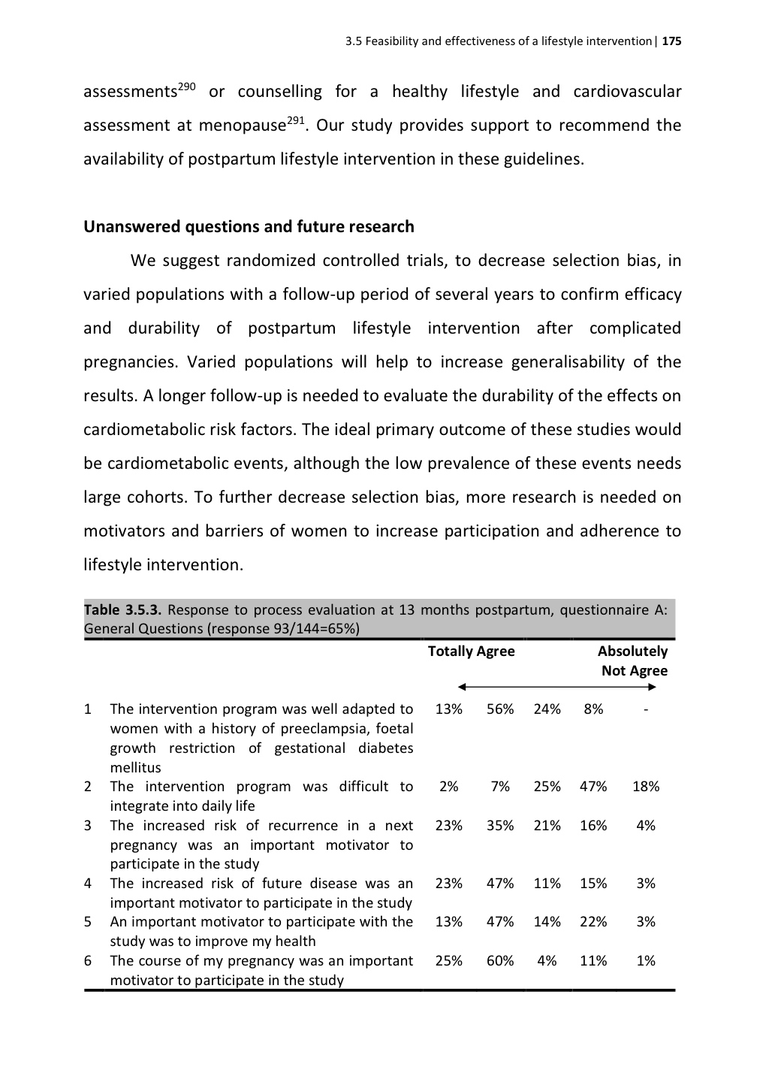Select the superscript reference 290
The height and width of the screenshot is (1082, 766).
point(186,86)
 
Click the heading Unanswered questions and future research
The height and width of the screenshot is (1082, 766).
point(249,227)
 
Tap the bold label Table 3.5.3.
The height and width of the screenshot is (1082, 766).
point(123,610)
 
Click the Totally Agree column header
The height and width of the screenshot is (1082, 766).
point(471,651)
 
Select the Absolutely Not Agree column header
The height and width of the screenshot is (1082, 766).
point(633,661)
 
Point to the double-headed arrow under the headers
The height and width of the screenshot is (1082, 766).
point(556,687)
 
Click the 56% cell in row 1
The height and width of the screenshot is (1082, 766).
point(500,709)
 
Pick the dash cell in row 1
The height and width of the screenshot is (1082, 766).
point(646,709)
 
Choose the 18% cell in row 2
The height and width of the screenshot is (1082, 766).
point(646,787)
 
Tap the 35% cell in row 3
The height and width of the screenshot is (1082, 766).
point(500,826)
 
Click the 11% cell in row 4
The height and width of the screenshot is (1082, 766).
point(547,884)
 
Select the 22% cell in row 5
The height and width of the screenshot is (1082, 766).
point(593,922)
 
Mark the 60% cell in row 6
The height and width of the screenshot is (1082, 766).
point(500,961)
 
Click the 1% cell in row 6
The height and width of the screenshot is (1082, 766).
point(646,961)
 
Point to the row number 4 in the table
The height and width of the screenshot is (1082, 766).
point(88,884)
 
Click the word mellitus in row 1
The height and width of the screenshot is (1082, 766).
point(135,768)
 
